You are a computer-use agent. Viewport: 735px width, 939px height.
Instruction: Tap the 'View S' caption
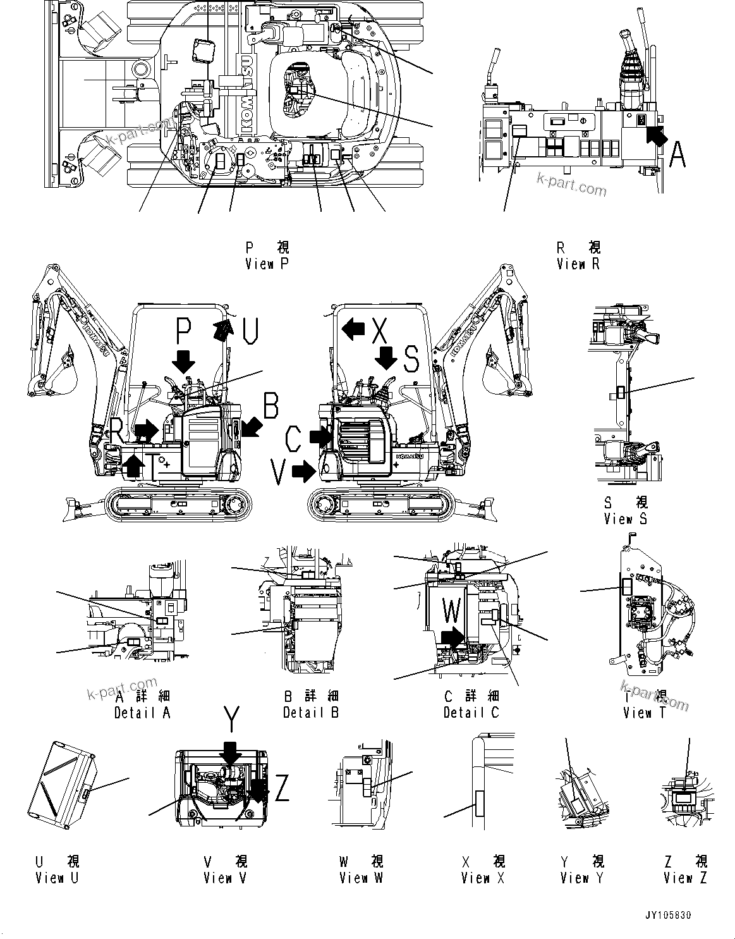[x=625, y=519]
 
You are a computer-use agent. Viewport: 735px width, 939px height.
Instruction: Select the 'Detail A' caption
[x=142, y=713]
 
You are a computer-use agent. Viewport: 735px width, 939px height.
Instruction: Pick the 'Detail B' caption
[x=311, y=713]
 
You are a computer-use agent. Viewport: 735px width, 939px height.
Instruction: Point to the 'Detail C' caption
[x=471, y=713]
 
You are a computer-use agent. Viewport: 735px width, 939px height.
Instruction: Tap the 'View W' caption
[x=361, y=878]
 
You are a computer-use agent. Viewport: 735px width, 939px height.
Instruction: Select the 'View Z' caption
[x=685, y=878]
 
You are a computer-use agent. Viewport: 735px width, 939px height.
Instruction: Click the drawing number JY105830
[x=685, y=914]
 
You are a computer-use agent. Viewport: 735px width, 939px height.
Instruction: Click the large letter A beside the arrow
[x=677, y=155]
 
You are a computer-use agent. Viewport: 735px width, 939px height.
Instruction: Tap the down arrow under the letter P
[x=184, y=360]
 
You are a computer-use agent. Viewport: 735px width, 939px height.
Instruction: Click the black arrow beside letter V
[x=305, y=470]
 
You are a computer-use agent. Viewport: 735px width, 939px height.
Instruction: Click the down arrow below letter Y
[x=231, y=752]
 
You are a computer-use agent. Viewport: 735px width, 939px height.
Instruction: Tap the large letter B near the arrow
[x=270, y=406]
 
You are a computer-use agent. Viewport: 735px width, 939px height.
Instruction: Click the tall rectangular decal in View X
[x=478, y=810]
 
